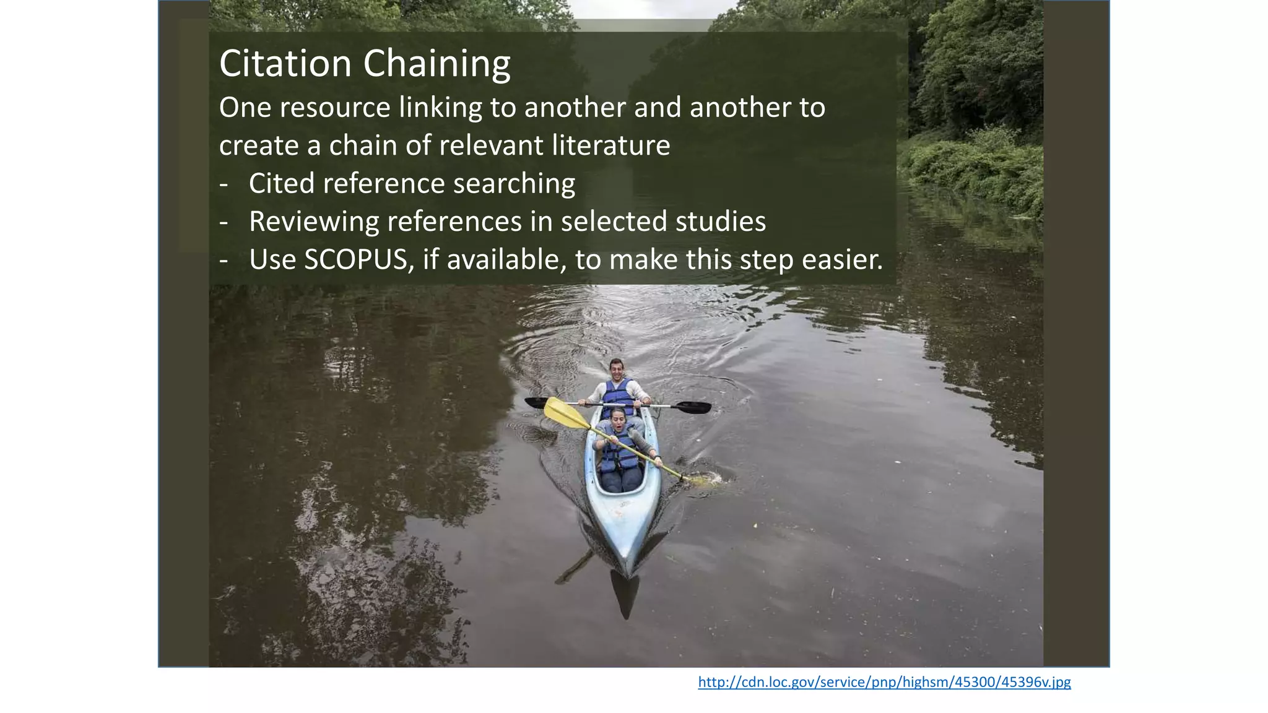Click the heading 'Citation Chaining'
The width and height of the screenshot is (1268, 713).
click(x=365, y=64)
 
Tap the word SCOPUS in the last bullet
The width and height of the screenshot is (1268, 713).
click(x=356, y=259)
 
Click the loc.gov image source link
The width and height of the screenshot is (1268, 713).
click(x=884, y=682)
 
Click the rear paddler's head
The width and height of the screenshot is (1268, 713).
click(x=615, y=369)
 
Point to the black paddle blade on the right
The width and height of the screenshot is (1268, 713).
click(x=693, y=407)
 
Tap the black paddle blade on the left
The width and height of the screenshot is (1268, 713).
click(x=536, y=402)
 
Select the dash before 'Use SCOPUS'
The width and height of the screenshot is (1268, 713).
click(x=224, y=260)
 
